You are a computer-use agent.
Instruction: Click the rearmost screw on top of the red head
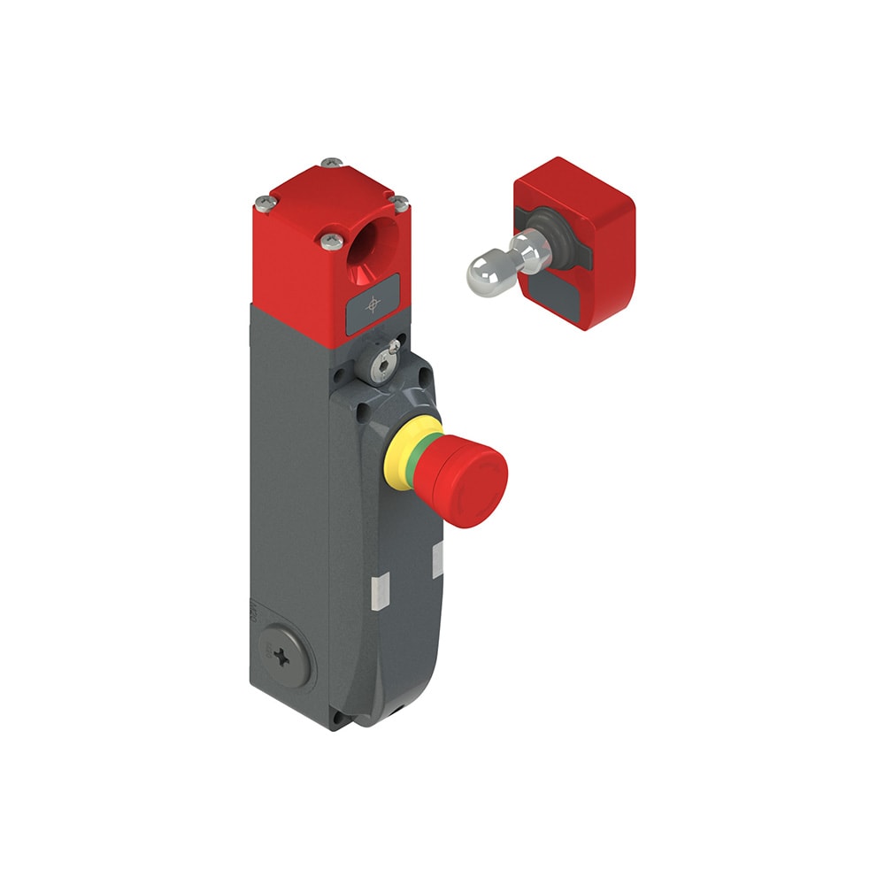[331, 163]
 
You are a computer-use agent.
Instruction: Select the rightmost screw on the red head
[399, 204]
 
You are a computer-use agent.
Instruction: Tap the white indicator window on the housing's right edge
[436, 559]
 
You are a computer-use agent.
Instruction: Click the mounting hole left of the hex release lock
[338, 375]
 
